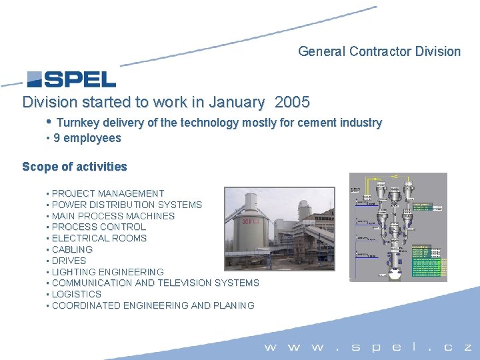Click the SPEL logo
pyautogui.click(x=71, y=79)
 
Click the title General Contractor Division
pyautogui.click(x=379, y=51)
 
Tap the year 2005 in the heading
pyautogui.click(x=292, y=103)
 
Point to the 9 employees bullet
pyautogui.click(x=87, y=138)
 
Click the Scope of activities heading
pyautogui.click(x=74, y=167)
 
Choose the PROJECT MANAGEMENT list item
pyautogui.click(x=107, y=193)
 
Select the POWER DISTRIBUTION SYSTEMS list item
pyautogui.click(x=127, y=205)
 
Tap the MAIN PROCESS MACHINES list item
pyautogui.click(x=113, y=216)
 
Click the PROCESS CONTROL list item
pyautogui.click(x=99, y=227)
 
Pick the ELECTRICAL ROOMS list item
pyautogui.click(x=99, y=238)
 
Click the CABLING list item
pyautogui.click(x=72, y=249)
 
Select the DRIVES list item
pyautogui.click(x=69, y=261)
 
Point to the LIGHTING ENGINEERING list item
pyautogui.click(x=107, y=272)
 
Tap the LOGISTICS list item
pyautogui.click(x=76, y=294)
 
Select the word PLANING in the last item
pyautogui.click(x=233, y=305)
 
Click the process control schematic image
pyautogui.click(x=398, y=227)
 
